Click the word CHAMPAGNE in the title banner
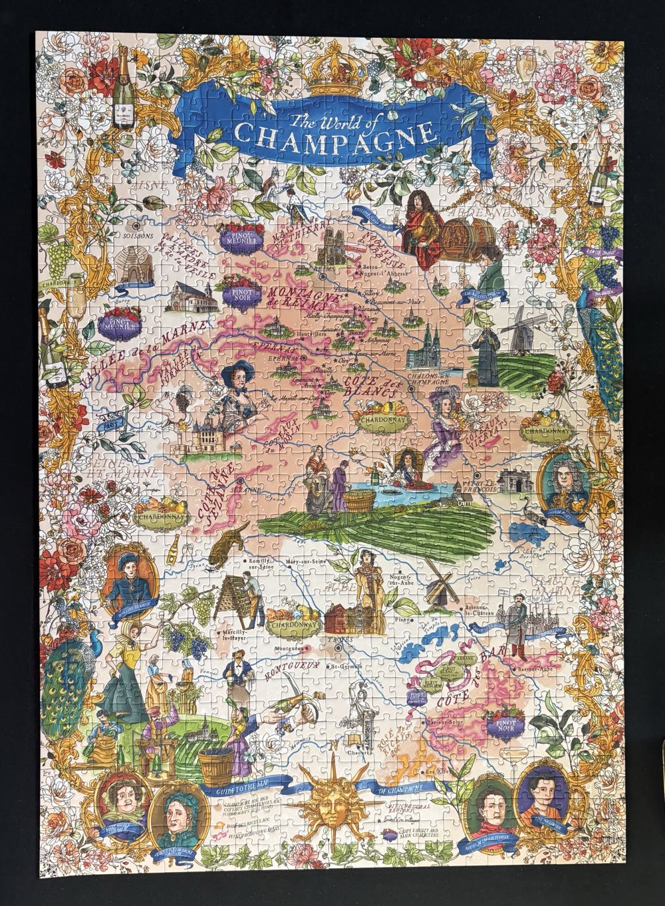tap(332, 136)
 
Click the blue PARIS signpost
tap(109, 423)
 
